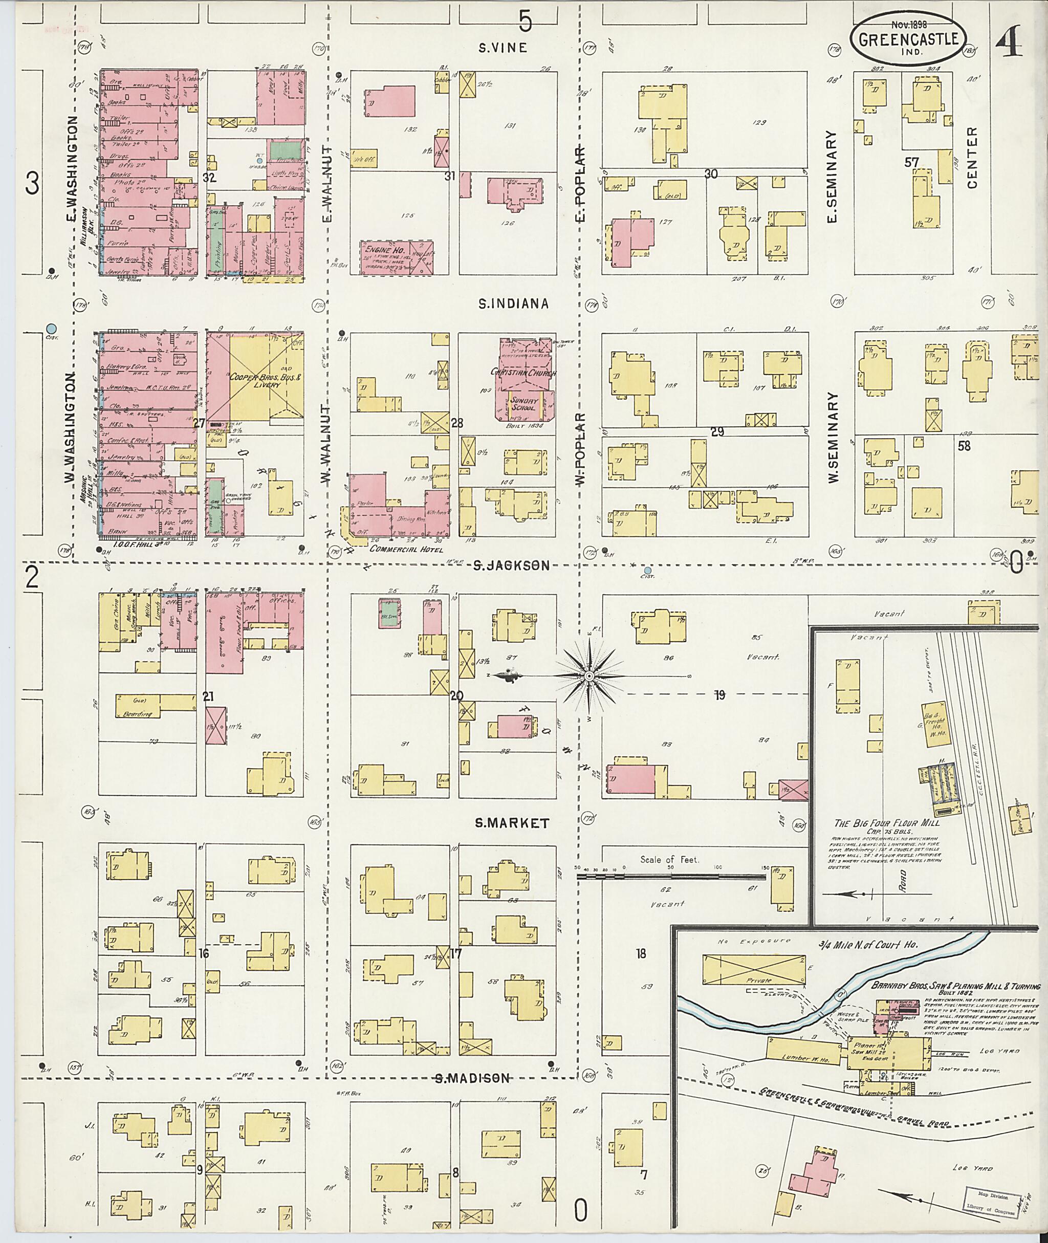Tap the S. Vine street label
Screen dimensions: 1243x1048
503,48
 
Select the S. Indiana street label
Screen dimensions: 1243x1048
513,304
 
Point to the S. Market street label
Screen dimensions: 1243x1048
512,823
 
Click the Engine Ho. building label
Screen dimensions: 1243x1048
384,251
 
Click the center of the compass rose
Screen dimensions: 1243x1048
589,676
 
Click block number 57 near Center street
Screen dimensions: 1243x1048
911,162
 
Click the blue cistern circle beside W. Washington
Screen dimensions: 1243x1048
52,328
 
